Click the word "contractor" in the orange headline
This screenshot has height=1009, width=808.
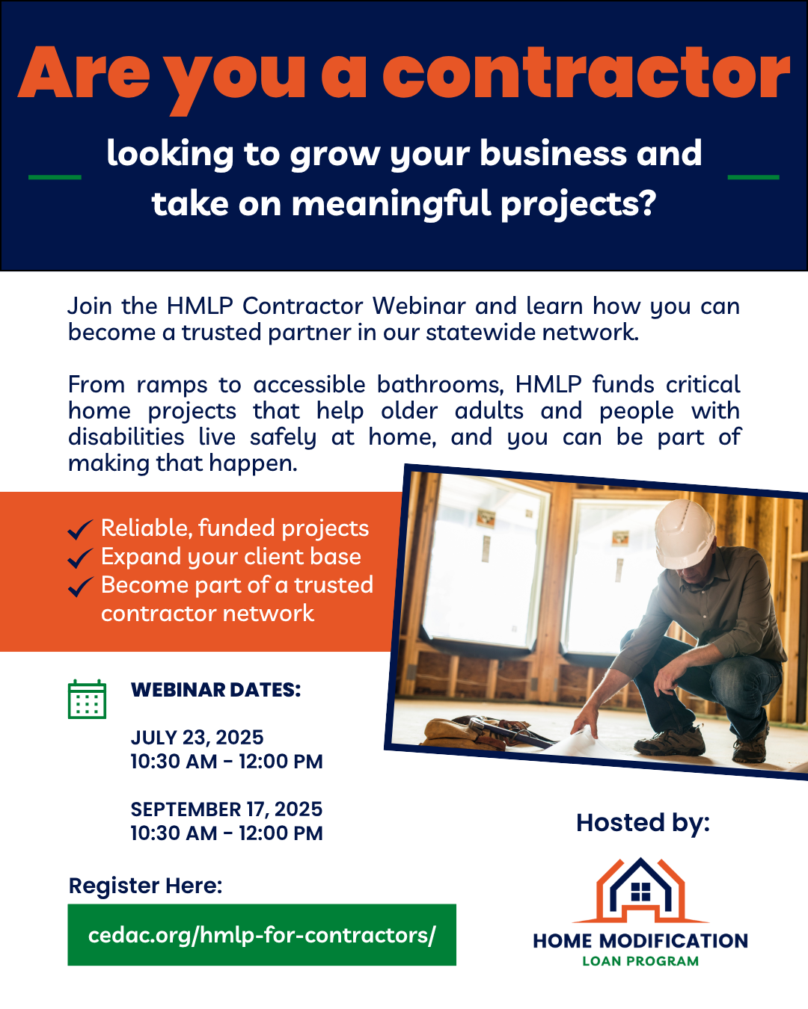tap(587, 73)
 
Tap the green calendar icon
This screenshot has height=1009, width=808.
tap(87, 699)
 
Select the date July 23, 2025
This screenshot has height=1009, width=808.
tap(198, 738)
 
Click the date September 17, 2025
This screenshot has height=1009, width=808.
tap(226, 809)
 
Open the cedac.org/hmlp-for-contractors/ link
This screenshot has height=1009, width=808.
tap(262, 935)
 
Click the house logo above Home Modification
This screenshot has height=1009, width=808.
tap(640, 890)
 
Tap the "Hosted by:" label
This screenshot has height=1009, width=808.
tap(643, 824)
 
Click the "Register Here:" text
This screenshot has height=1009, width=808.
tap(146, 886)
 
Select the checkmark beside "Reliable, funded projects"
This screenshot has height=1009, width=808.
tap(80, 530)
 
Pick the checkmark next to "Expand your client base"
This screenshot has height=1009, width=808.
tap(80, 558)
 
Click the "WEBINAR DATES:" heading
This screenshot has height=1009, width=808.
tap(216, 690)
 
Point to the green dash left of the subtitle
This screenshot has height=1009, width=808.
tap(55, 177)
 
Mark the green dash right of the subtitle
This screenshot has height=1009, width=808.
tap(753, 177)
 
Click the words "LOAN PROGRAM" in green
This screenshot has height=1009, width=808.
tap(640, 961)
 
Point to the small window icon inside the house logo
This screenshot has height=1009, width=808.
tap(640, 892)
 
